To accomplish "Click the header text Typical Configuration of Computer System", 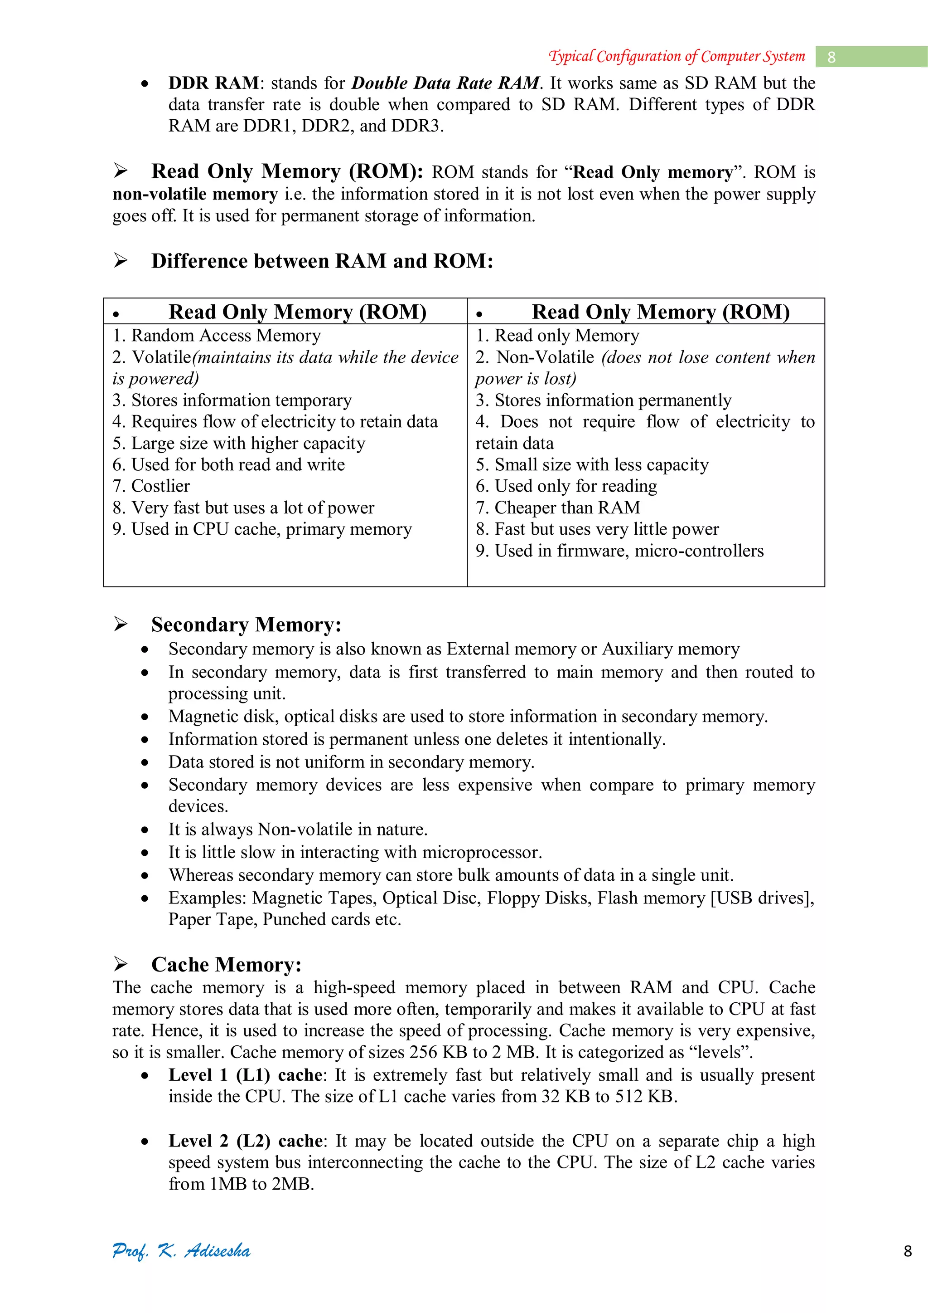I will point(677,56).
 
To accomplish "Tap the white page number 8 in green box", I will point(831,57).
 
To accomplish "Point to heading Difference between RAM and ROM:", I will point(322,261).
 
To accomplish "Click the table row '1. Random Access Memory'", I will point(217,335).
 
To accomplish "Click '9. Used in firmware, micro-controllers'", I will point(619,550).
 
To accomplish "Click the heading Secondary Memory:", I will point(246,624).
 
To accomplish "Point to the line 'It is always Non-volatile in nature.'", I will point(298,829).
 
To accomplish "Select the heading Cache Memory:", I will point(226,964).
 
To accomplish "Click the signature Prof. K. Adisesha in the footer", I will point(181,1251).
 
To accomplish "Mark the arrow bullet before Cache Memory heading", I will point(121,964).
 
